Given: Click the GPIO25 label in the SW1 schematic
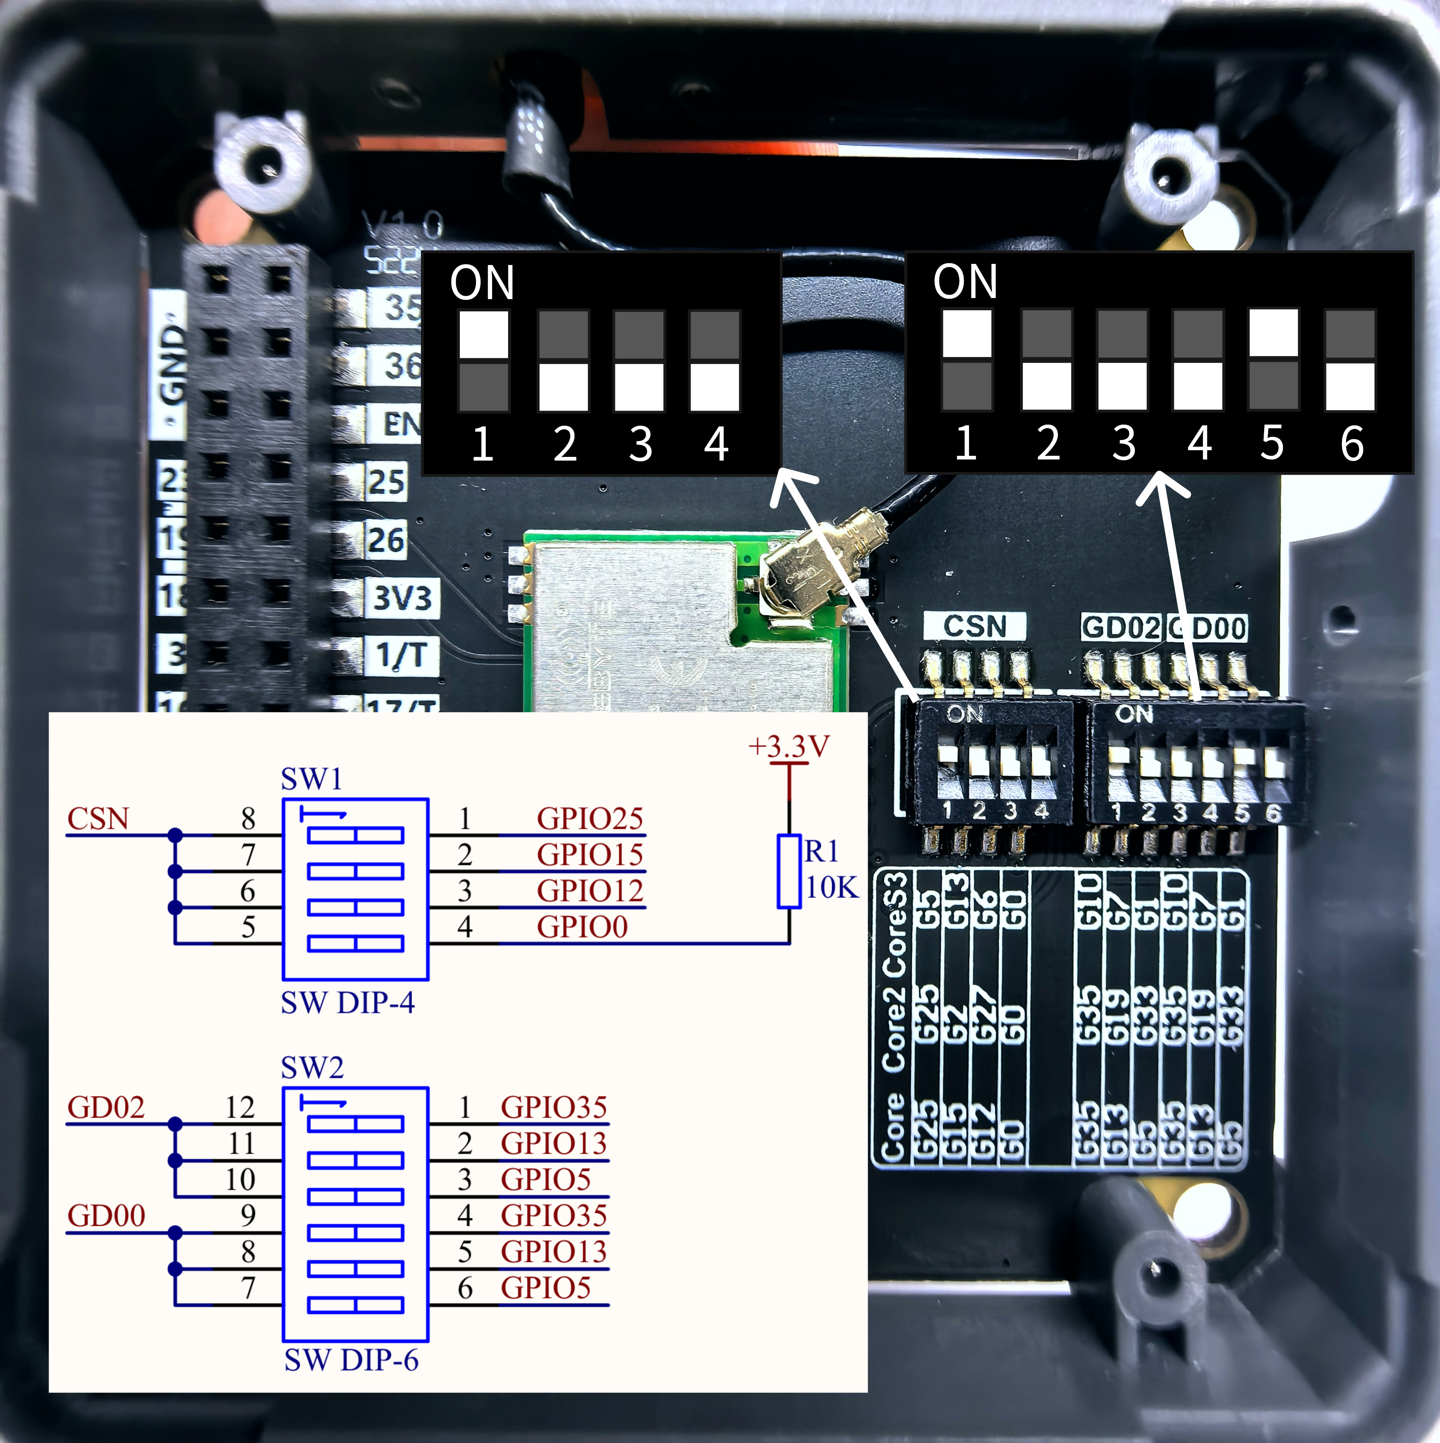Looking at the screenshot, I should click(589, 819).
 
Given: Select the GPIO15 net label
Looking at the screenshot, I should click(589, 854).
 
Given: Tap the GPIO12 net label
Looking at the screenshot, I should click(589, 890).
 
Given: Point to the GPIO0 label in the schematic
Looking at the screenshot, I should click(582, 927).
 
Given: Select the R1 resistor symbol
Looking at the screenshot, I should click(789, 871).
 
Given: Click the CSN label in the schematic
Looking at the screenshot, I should click(98, 819).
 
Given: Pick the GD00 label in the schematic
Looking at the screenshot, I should click(106, 1215).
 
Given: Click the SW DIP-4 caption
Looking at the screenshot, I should click(347, 1002).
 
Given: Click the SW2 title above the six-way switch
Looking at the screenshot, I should click(312, 1068).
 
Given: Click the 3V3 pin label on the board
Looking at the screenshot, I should click(402, 598).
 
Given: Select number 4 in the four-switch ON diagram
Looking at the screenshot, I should click(716, 444).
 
